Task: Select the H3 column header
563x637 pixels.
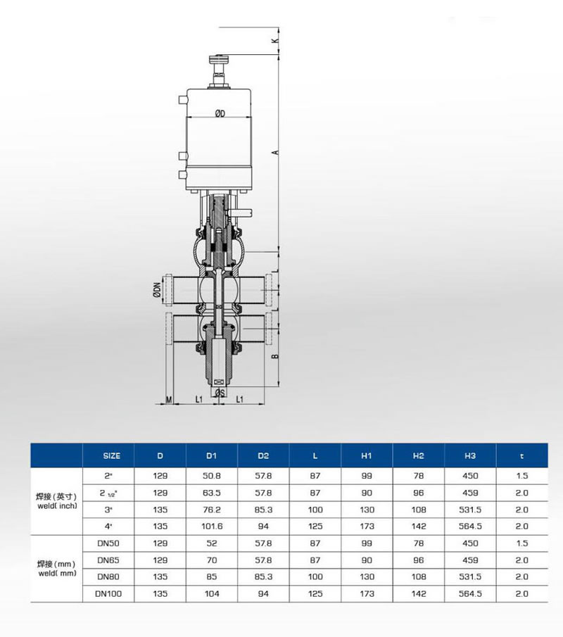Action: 470,456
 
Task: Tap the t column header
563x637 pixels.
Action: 521,456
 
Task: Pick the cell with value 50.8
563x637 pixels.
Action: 212,476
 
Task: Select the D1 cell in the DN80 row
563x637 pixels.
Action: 212,577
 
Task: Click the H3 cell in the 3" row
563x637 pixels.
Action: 470,508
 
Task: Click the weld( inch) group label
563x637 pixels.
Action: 56,500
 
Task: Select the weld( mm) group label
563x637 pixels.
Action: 56,569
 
